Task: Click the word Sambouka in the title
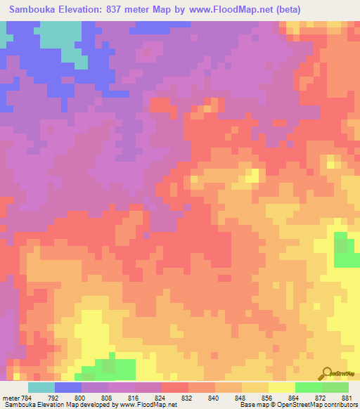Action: tap(33, 10)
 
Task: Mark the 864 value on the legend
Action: tap(303, 397)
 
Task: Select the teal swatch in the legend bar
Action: tap(41, 387)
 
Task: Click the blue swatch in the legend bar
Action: tap(68, 387)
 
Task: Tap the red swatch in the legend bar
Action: tap(175, 387)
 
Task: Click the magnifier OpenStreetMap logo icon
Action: tap(326, 374)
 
